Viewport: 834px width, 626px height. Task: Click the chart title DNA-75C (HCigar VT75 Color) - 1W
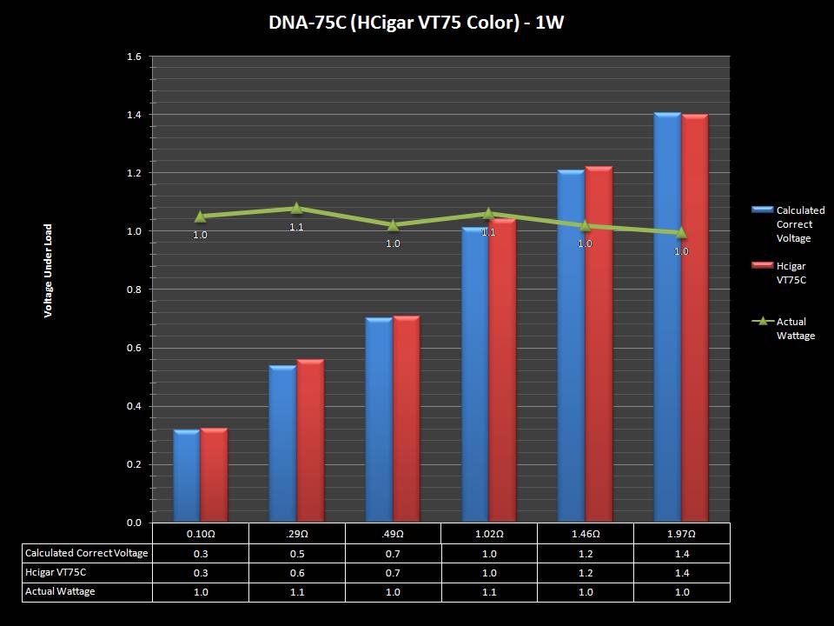coord(416,23)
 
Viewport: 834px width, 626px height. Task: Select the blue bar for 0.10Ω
coord(187,476)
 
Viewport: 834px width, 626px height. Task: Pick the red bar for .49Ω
coord(407,419)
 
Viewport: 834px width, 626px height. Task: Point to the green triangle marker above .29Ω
coord(296,208)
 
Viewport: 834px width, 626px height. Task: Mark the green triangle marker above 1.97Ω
coord(681,232)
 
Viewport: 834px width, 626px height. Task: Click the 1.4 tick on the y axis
coord(134,115)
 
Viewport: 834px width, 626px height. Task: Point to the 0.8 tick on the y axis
coord(134,290)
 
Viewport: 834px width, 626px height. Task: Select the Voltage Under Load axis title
coord(49,270)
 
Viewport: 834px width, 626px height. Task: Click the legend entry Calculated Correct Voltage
coord(799,224)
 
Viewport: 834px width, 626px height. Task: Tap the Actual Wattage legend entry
coord(795,328)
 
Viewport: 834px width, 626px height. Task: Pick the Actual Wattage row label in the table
coord(61,591)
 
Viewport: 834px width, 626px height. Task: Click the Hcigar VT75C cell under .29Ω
coord(296,572)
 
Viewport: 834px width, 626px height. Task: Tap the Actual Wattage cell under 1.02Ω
coord(489,591)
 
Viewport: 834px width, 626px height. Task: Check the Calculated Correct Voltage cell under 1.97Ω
coord(682,553)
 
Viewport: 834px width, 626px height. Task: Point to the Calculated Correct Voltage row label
coord(87,553)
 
